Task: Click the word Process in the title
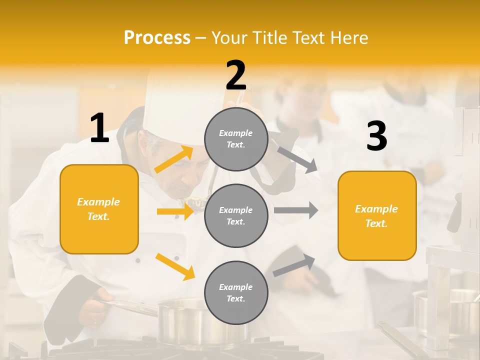click(157, 37)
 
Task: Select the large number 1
click(99, 128)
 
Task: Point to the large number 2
click(236, 75)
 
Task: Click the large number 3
click(376, 136)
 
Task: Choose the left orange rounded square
click(99, 209)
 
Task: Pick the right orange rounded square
click(377, 215)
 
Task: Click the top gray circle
click(236, 139)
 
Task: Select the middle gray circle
click(236, 215)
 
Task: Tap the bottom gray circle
click(236, 292)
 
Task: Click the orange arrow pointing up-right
click(174, 159)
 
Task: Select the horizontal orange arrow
click(175, 211)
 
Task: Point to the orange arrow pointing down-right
click(175, 266)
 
